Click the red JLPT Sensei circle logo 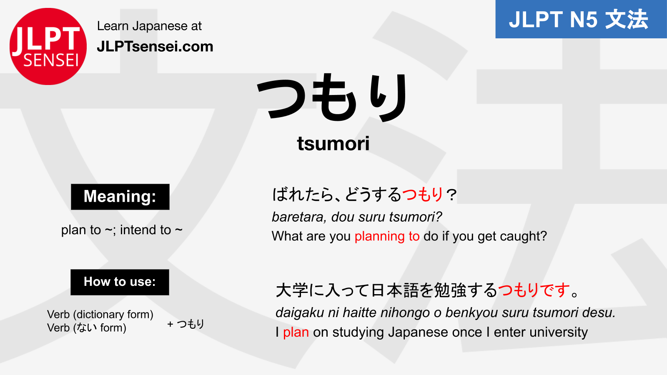click(x=48, y=46)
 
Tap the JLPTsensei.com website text click(x=155, y=47)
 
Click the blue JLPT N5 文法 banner click(x=581, y=19)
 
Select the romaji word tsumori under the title click(x=333, y=143)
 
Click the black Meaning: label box click(x=120, y=197)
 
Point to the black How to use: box click(x=120, y=282)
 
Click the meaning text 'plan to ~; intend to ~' click(x=122, y=230)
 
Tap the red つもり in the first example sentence click(x=422, y=195)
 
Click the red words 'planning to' click(x=387, y=236)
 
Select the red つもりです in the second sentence click(x=534, y=290)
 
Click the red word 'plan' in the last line click(x=296, y=332)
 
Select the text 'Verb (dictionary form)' click(x=100, y=315)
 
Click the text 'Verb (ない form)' click(x=87, y=328)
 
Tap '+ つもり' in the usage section click(x=186, y=324)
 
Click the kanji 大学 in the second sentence click(x=292, y=290)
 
